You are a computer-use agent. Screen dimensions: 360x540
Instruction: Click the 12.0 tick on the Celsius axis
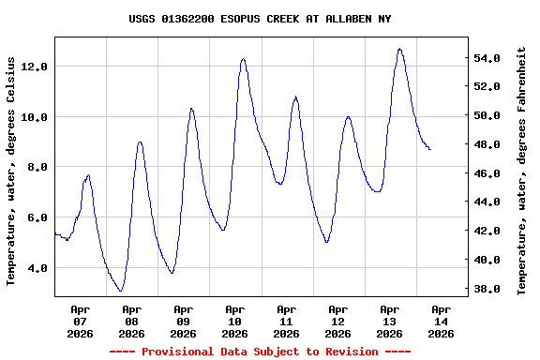[34, 67]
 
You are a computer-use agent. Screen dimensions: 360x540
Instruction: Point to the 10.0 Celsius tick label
[34, 117]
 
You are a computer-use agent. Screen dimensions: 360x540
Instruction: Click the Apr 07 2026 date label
[81, 320]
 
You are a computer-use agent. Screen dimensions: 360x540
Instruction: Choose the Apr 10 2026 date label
[235, 320]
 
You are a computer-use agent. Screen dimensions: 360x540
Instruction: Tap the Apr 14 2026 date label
[441, 320]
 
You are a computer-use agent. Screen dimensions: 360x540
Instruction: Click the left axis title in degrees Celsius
[12, 170]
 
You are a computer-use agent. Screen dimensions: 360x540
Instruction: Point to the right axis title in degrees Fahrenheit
[522, 170]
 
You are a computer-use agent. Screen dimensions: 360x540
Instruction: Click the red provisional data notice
[260, 352]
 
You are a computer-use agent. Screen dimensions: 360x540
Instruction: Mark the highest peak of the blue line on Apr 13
[399, 49]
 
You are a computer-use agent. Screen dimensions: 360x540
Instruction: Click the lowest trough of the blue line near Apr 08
[120, 291]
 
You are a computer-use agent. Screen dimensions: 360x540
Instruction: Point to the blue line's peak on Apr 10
[243, 59]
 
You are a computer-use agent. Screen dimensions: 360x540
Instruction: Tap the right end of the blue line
[430, 149]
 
